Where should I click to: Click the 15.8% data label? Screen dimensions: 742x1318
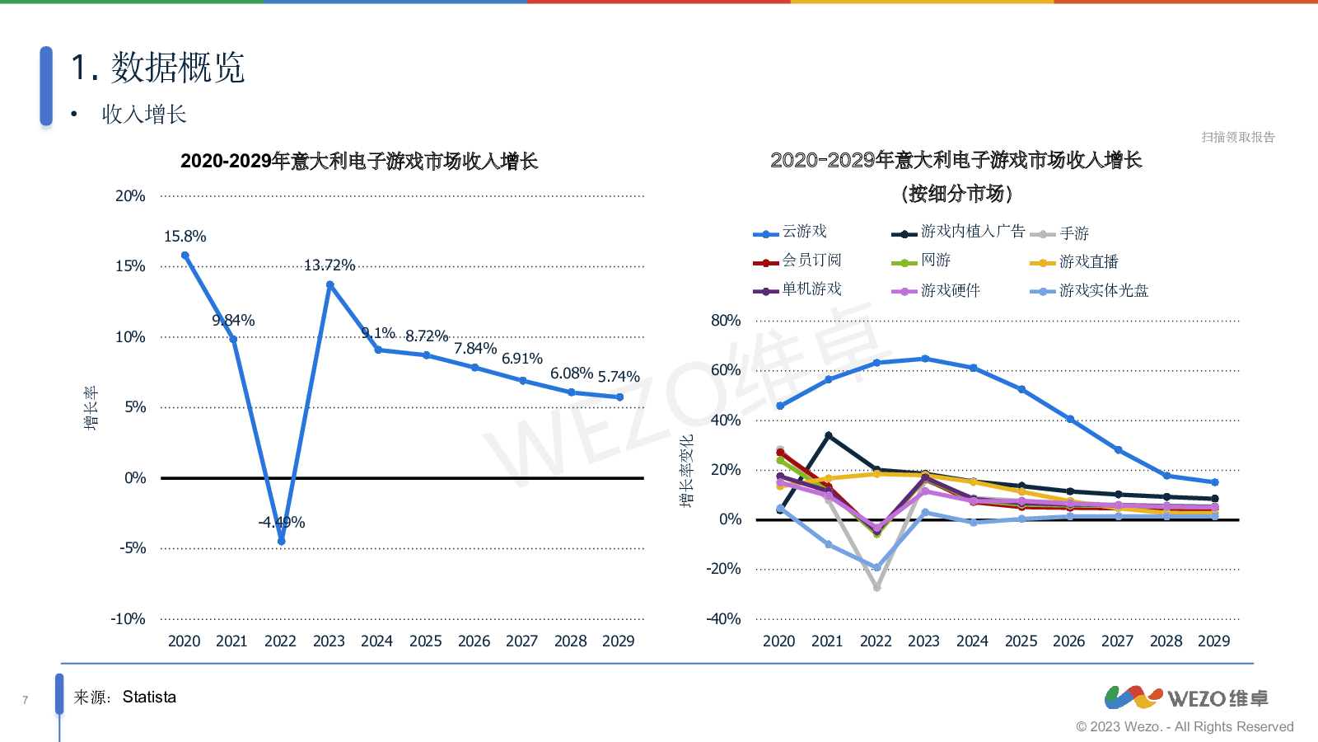coord(185,237)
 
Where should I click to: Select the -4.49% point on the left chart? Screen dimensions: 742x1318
coord(282,541)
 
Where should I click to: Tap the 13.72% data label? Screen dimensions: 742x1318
coord(329,265)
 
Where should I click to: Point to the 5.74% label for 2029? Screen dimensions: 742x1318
coord(619,377)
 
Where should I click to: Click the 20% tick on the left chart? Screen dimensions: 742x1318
coord(130,196)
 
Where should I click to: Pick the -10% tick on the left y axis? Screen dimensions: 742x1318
coord(129,619)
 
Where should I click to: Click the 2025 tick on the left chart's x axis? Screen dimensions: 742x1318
coord(426,641)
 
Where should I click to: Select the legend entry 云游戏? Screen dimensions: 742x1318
coord(804,232)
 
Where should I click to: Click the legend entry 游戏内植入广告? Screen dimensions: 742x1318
coord(973,232)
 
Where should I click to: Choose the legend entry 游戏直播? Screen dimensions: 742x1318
coord(1088,262)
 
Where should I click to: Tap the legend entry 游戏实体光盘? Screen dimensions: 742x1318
coord(1103,291)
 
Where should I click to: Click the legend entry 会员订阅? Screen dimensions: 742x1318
coord(811,261)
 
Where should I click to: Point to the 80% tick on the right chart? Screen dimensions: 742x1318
coord(726,321)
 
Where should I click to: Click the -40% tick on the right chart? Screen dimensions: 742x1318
coord(723,619)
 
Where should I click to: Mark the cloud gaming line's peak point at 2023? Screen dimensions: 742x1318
coord(925,359)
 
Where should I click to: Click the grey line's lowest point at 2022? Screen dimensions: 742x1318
coord(876,588)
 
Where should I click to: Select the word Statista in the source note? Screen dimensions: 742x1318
coord(149,697)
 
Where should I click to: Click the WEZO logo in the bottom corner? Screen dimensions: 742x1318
coord(1186,698)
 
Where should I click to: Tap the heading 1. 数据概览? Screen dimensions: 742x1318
coord(157,68)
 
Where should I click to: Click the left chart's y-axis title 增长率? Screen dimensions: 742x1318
coord(91,407)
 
